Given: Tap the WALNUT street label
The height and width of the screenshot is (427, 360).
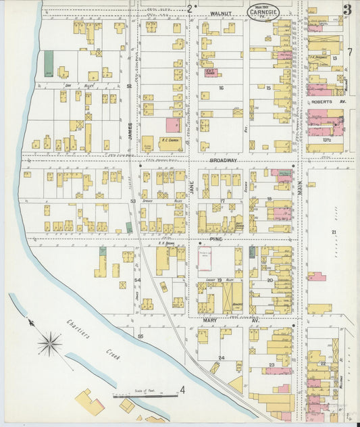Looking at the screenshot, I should pyautogui.click(x=220, y=13).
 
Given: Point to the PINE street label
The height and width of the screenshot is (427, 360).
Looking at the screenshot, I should pyautogui.click(x=215, y=239).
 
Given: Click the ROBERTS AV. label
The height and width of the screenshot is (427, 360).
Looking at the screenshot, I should pyautogui.click(x=327, y=102).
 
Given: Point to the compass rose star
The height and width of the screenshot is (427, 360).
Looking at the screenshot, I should pyautogui.click(x=49, y=345).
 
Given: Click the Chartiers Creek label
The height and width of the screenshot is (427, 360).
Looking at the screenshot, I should pyautogui.click(x=95, y=337).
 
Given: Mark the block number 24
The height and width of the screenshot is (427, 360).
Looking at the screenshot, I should pyautogui.click(x=220, y=357).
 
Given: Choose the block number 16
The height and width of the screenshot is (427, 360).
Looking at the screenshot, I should pyautogui.click(x=220, y=88).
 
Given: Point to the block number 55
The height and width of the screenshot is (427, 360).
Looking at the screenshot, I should pyautogui.click(x=140, y=336).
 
